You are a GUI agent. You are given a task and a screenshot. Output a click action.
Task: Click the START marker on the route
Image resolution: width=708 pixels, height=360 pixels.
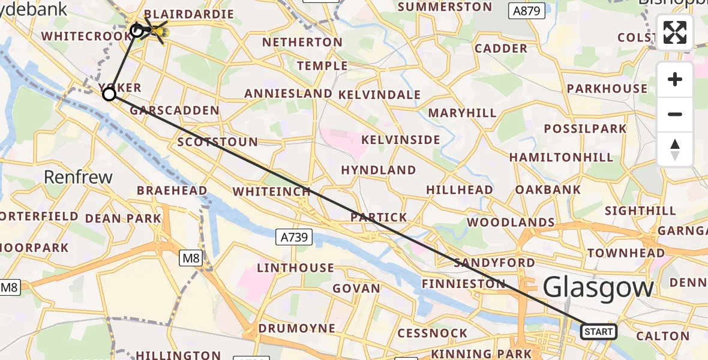pyautogui.click(x=598, y=332)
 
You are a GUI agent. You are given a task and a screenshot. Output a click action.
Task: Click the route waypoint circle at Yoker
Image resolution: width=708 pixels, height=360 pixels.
pyautogui.click(x=109, y=94)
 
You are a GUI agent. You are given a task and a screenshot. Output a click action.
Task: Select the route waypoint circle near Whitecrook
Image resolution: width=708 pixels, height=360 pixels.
pyautogui.click(x=137, y=30)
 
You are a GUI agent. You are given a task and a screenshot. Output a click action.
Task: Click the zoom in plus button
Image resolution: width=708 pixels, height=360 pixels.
pyautogui.click(x=675, y=79)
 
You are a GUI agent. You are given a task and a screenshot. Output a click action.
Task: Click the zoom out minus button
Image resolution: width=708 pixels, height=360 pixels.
pyautogui.click(x=675, y=114)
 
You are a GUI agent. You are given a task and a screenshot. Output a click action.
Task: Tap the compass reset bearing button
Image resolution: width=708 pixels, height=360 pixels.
pyautogui.click(x=675, y=149)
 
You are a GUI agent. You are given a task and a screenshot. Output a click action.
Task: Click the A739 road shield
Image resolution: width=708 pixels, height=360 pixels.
pyautogui.click(x=294, y=237)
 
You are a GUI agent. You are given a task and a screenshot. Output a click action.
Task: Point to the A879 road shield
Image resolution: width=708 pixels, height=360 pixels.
pyautogui.click(x=527, y=10)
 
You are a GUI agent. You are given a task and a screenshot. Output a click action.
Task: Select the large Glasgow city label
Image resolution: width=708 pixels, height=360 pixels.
pyautogui.click(x=598, y=288)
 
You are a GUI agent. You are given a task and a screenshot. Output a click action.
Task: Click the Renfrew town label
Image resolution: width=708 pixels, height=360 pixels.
pyautogui.click(x=79, y=177)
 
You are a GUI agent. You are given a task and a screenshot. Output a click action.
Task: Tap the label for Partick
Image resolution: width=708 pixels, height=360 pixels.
pyautogui.click(x=379, y=217)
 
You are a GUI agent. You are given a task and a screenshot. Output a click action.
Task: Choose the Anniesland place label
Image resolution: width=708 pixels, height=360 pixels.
pyautogui.click(x=288, y=94)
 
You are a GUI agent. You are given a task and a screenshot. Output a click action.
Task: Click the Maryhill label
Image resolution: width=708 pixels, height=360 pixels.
pyautogui.click(x=462, y=113)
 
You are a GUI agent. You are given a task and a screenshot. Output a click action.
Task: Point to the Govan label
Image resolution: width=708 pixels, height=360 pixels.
pyautogui.click(x=356, y=289)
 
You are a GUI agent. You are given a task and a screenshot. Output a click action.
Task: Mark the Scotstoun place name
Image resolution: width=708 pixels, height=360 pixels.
pyautogui.click(x=218, y=143)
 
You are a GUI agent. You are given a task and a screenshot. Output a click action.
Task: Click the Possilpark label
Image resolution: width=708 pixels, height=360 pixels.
pyautogui.click(x=585, y=128)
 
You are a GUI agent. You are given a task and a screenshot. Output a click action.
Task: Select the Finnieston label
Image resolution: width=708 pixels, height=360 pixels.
pyautogui.click(x=463, y=283)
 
